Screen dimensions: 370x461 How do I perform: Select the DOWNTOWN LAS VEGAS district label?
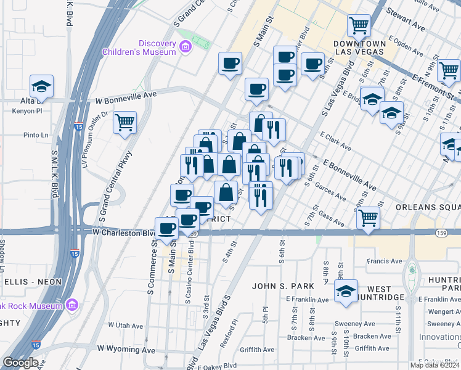click(x=359, y=47)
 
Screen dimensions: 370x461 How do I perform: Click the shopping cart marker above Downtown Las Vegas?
click(x=359, y=26)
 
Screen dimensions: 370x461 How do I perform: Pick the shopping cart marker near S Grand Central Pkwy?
click(x=124, y=122)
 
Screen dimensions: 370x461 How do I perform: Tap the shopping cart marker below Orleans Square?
click(x=368, y=218)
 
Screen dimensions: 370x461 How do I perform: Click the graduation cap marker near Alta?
click(x=41, y=86)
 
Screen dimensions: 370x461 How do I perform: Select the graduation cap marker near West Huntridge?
click(x=346, y=291)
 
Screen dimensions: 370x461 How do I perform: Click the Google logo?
click(x=20, y=363)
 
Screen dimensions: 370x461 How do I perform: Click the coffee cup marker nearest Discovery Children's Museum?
click(x=230, y=63)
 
